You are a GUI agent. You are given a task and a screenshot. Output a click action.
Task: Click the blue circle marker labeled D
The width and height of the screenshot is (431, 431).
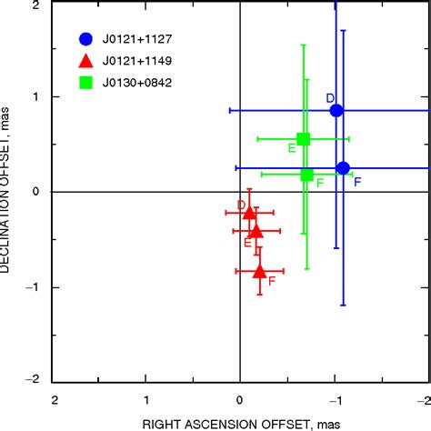(336, 110)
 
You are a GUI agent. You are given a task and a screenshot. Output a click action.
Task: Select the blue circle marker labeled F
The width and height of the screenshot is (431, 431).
(343, 167)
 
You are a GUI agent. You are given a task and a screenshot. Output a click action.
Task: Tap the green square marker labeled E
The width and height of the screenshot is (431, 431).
(304, 139)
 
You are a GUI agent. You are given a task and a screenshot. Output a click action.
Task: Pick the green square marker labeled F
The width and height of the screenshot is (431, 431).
(306, 175)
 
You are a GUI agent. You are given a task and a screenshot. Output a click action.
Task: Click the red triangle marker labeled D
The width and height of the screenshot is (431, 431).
(250, 212)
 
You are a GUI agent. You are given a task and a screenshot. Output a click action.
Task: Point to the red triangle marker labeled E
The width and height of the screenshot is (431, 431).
(256, 231)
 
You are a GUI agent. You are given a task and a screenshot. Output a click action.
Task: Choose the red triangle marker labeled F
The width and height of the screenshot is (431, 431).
(259, 270)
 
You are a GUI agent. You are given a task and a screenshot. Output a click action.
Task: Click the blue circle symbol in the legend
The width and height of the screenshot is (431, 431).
(85, 39)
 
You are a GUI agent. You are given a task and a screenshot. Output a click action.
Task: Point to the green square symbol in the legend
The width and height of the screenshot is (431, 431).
(85, 83)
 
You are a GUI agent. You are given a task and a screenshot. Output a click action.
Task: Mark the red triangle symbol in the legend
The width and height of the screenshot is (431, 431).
(85, 61)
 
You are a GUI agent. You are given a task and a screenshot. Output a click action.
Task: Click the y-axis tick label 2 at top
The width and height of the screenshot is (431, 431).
(36, 5)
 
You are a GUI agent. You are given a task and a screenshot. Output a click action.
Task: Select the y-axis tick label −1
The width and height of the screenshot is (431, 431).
(33, 286)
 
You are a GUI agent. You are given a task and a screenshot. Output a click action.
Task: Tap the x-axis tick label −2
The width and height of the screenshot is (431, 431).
(424, 399)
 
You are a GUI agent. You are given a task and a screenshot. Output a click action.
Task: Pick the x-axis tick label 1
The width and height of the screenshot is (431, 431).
(147, 399)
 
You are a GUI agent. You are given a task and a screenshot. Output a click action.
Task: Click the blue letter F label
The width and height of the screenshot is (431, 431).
(357, 182)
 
